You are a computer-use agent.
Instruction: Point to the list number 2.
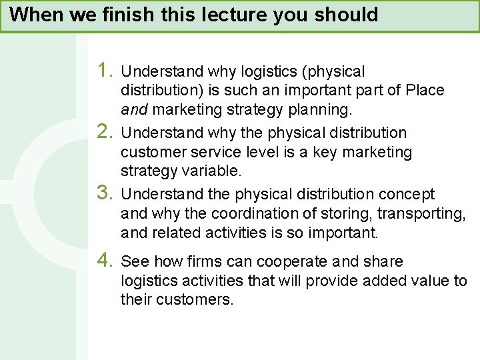click(105, 131)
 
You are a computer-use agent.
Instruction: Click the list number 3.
click(105, 193)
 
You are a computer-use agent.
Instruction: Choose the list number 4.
click(105, 261)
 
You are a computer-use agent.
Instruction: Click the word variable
click(213, 171)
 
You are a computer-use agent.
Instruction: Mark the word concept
click(407, 194)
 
